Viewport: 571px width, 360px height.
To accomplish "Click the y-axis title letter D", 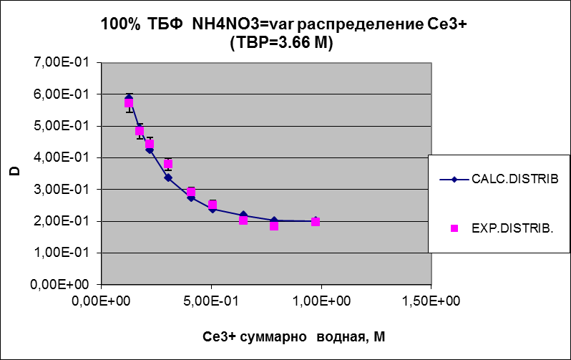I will pos(12,172).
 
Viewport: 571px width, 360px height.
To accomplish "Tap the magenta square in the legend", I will pos(454,228).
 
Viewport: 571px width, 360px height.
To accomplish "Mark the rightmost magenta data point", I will pos(316,222).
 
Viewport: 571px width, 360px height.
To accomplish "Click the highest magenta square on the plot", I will pos(129,103).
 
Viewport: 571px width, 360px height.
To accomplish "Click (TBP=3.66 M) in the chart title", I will pos(283,44).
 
